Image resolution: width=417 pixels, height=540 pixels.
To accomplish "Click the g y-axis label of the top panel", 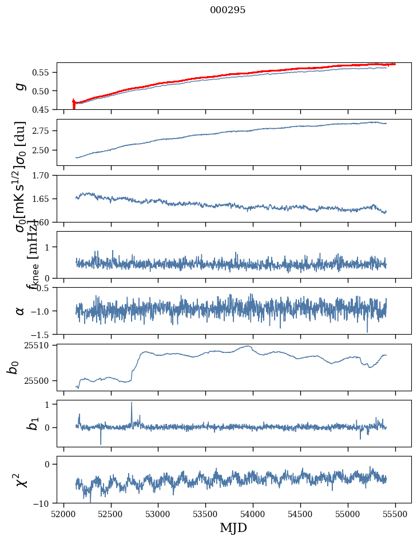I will pos(21,86).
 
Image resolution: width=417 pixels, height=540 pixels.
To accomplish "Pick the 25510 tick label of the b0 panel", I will pos(40,346).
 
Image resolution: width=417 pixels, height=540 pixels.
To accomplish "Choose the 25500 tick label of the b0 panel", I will pos(40,380).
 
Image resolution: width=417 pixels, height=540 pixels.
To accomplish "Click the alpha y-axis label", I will pos(21,311).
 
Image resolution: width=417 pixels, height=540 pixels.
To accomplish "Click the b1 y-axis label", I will pos(18,423).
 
